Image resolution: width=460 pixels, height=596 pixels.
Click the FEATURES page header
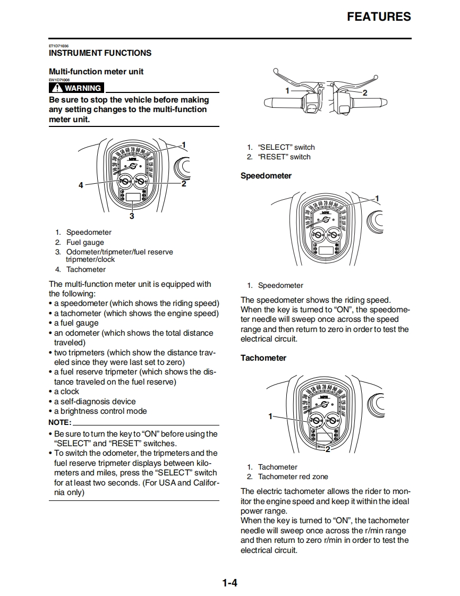379,17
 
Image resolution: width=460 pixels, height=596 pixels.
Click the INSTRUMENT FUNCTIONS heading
100,53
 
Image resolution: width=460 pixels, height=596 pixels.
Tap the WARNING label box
76,88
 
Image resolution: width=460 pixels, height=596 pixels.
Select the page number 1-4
229,583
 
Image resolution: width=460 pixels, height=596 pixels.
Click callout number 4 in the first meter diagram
81,185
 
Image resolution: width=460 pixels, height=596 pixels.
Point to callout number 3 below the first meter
132,216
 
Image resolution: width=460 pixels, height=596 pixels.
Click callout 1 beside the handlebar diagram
287,91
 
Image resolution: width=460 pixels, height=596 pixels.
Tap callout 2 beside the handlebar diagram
364,92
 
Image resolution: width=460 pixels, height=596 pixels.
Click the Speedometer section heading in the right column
266,176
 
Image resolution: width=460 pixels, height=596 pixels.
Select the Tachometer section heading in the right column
263,358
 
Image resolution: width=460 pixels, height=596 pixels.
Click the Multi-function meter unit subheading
96,72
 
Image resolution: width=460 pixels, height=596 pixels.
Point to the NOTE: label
59,422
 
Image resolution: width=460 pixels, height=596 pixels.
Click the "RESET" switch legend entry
284,157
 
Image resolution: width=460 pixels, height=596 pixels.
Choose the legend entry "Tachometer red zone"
293,477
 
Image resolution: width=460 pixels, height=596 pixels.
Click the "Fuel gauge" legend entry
85,242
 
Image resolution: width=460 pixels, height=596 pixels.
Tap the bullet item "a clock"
66,391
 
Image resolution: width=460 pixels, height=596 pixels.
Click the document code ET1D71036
58,46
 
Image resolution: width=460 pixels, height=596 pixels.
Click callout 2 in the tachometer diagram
328,449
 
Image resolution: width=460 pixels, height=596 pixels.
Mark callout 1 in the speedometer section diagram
377,199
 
